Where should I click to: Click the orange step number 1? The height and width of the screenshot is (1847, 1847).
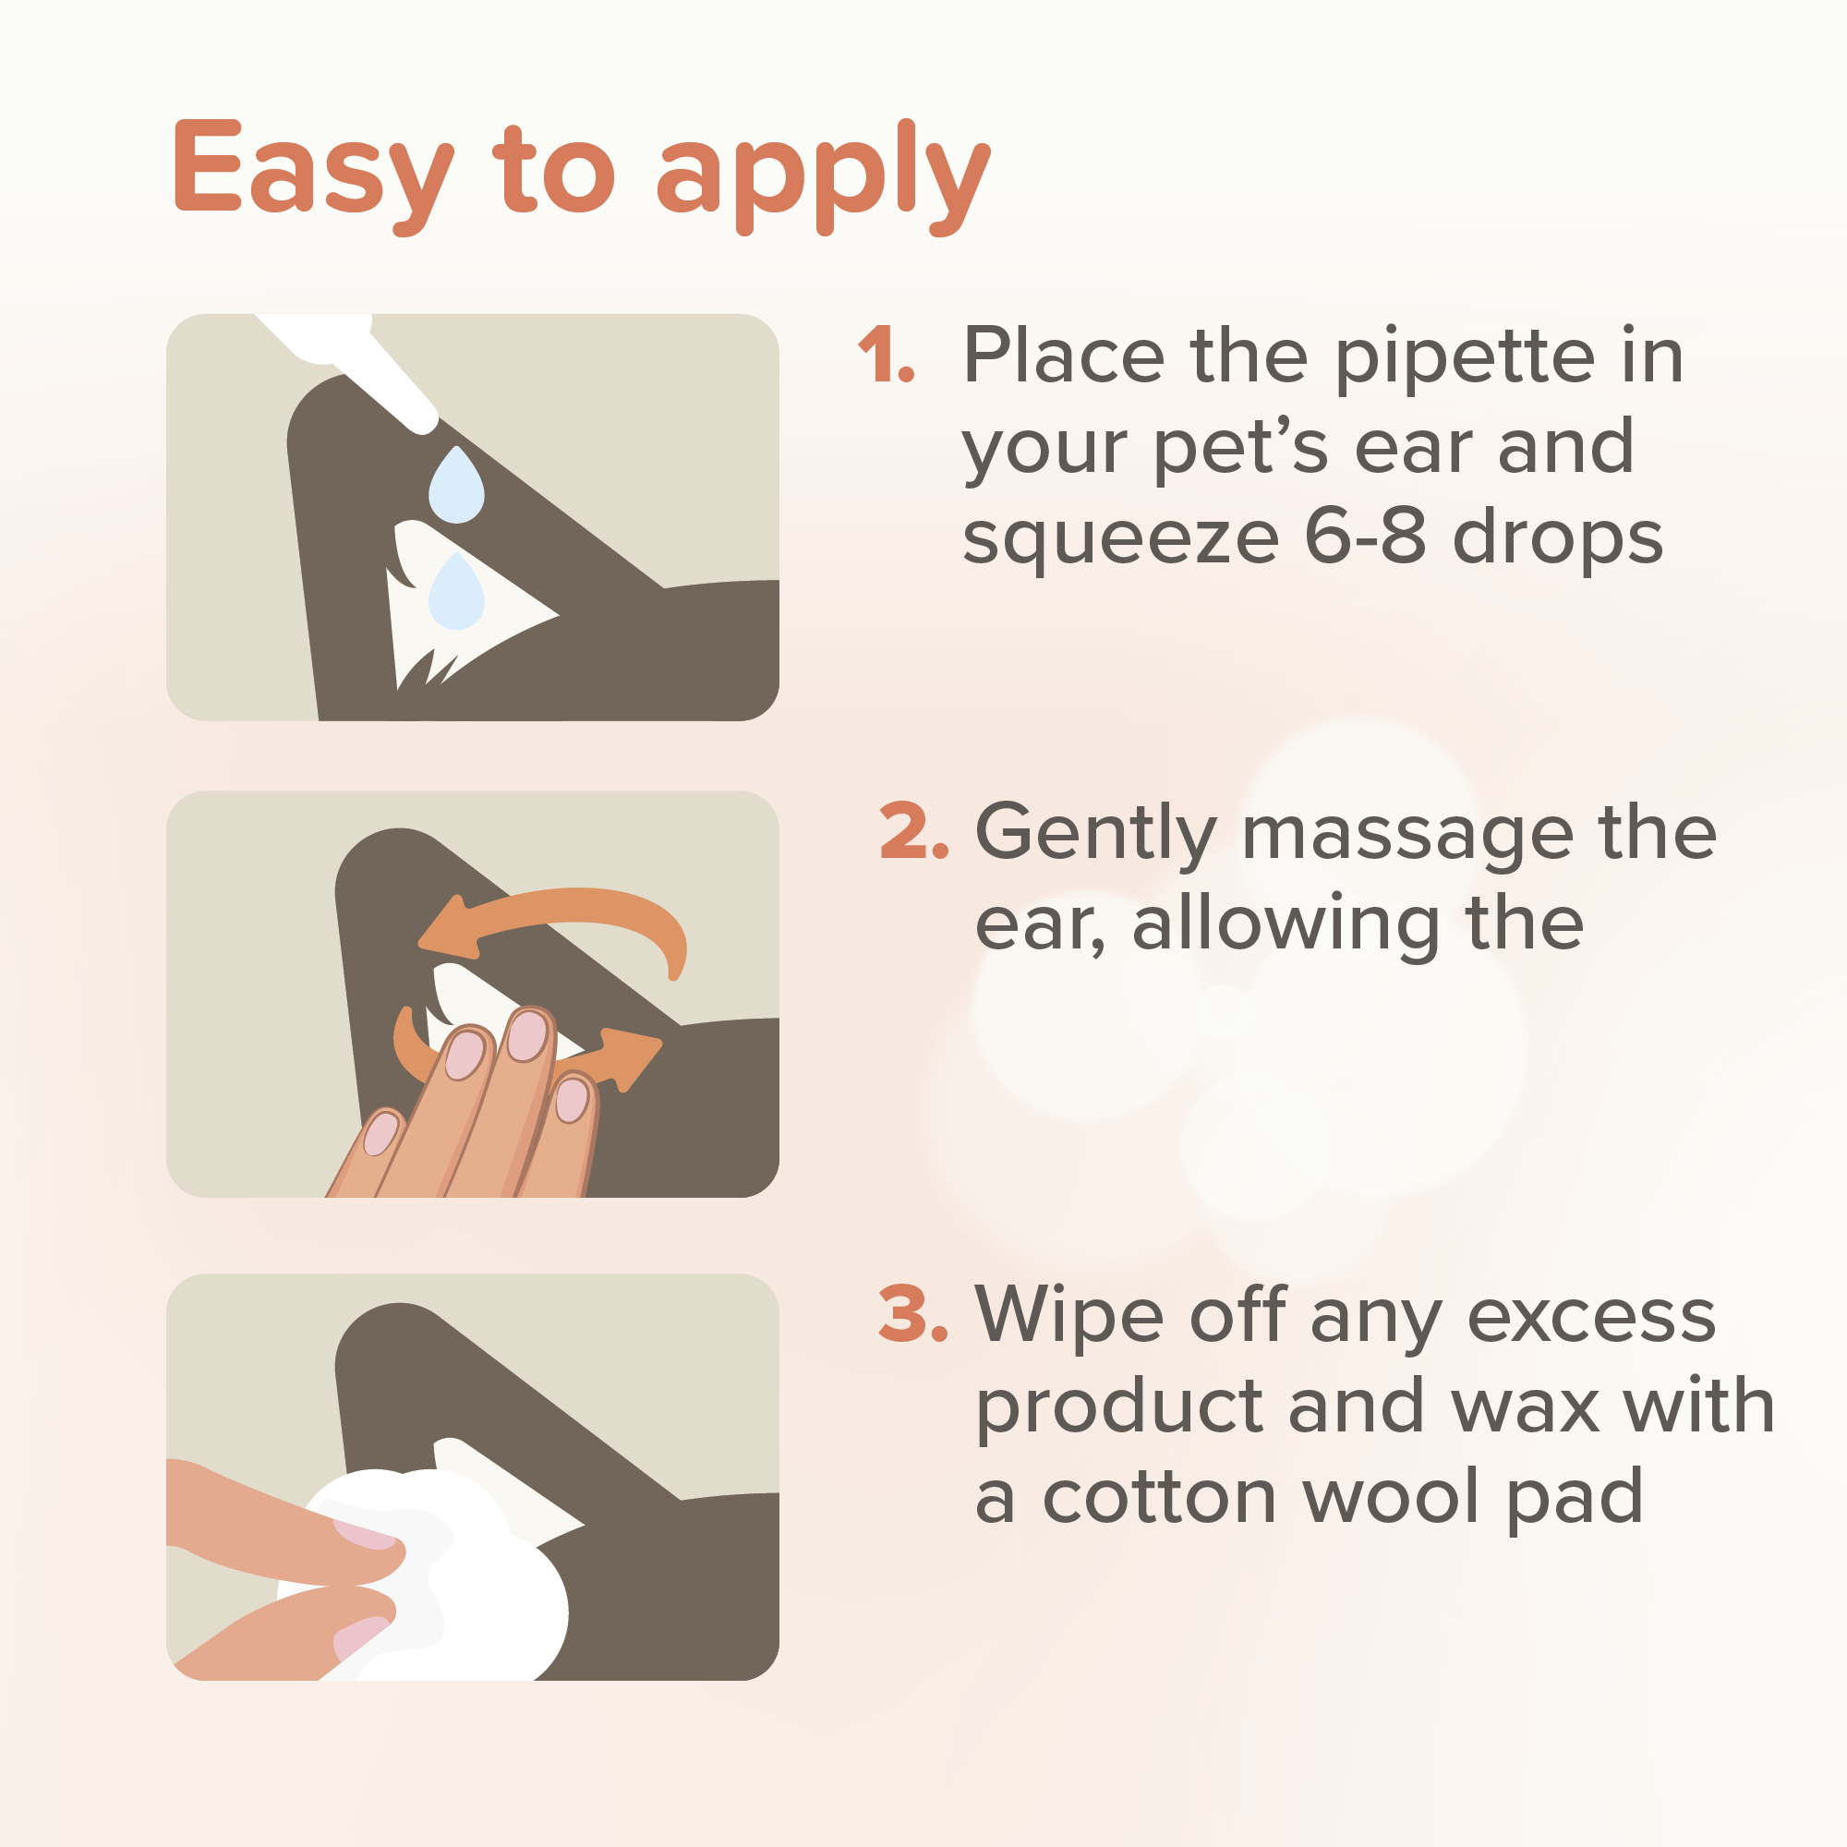click(x=887, y=355)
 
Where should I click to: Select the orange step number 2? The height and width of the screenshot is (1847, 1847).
click(x=914, y=831)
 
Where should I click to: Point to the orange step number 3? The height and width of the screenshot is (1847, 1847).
click(x=914, y=1313)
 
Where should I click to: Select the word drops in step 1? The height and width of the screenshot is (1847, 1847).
click(x=1558, y=541)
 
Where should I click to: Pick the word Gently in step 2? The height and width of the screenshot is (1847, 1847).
click(x=1096, y=835)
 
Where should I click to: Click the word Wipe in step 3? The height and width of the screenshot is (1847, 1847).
click(x=1070, y=1315)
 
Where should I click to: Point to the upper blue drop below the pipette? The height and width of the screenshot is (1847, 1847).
click(x=456, y=486)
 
